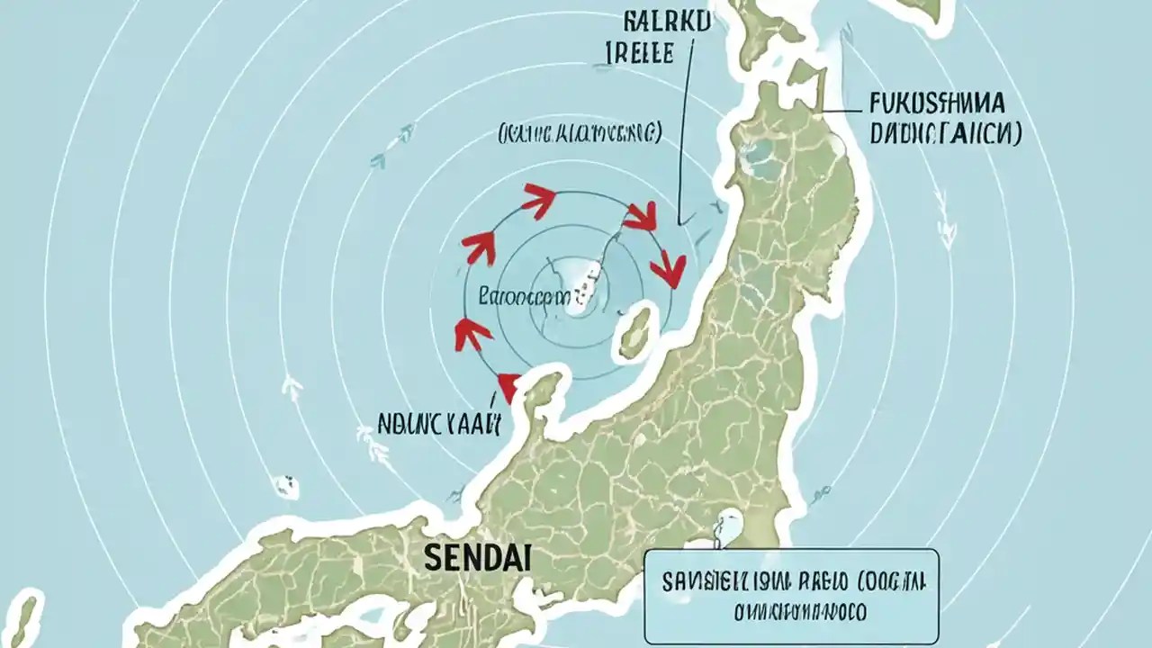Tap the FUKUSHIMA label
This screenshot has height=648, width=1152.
939,104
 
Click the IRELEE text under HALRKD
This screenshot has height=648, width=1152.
635,54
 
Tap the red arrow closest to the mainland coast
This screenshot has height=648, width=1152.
668,267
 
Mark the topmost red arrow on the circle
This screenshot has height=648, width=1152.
538,201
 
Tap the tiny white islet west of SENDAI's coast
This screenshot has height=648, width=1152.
286,486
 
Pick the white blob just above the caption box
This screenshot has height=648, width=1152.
724,526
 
